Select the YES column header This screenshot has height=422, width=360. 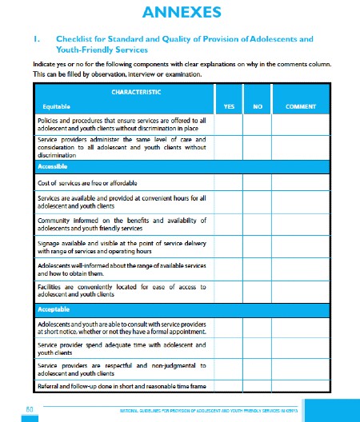coord(227,105)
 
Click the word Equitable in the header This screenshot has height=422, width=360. coord(56,105)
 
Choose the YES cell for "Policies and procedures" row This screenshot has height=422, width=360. coord(227,124)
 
